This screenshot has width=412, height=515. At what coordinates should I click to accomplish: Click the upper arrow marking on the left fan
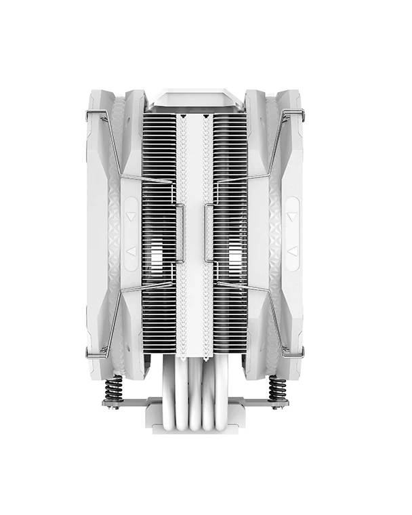click(130, 218)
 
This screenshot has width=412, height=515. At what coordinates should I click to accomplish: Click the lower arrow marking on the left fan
click(130, 251)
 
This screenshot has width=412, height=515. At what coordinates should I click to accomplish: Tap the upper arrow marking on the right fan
click(291, 218)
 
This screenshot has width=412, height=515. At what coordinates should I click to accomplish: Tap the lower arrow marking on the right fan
click(291, 251)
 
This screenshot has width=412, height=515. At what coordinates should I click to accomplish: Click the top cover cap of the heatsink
click(195, 99)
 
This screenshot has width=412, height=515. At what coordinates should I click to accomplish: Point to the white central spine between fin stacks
click(195, 237)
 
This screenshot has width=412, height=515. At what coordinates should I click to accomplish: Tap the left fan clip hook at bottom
click(104, 350)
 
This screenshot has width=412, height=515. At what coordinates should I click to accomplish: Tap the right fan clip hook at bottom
click(308, 350)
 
